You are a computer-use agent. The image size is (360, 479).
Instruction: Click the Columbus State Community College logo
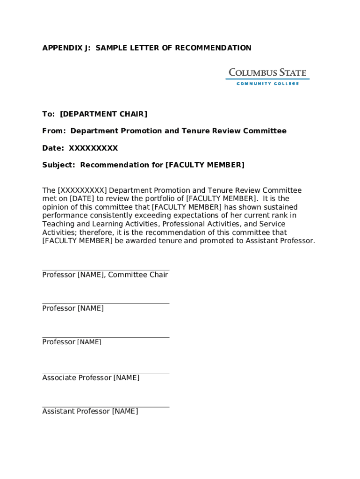(x=267, y=76)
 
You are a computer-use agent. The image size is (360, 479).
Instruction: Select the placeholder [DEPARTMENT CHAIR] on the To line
(x=103, y=114)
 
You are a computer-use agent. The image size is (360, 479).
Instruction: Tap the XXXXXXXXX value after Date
(x=94, y=148)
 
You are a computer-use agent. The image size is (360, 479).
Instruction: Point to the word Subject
(x=58, y=165)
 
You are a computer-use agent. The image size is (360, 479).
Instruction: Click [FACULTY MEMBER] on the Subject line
(x=205, y=165)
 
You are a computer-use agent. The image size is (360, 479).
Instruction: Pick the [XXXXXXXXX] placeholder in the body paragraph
(x=82, y=190)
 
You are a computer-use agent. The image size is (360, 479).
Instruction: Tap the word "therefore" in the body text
(x=97, y=232)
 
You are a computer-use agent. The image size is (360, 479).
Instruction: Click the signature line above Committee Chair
(x=106, y=270)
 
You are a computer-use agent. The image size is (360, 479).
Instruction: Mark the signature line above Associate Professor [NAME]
(x=106, y=373)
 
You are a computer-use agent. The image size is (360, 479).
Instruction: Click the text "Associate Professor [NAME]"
(x=91, y=378)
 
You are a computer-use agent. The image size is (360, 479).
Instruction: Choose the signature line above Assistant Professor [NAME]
(x=106, y=406)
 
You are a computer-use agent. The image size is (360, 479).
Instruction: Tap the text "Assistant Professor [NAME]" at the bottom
(x=90, y=412)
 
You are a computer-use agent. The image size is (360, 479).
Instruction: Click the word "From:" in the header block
(x=54, y=131)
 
